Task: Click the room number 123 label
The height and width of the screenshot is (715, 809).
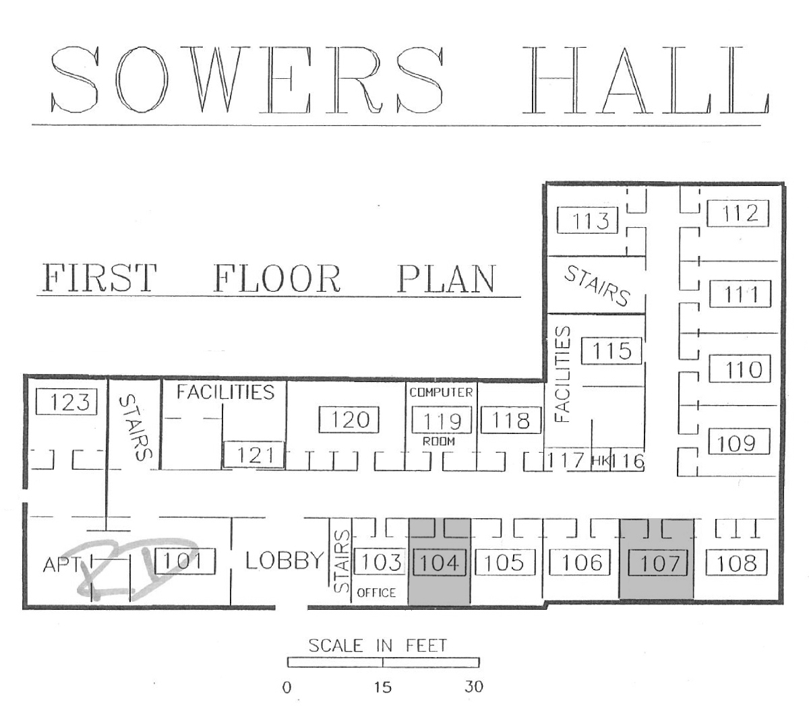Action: pyautogui.click(x=66, y=402)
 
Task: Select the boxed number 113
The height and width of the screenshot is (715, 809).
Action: pyautogui.click(x=587, y=220)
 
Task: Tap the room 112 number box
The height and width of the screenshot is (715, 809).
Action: pyautogui.click(x=738, y=213)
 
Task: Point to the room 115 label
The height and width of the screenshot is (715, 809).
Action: pyautogui.click(x=611, y=350)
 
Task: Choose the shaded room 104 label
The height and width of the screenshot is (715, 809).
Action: pyautogui.click(x=440, y=562)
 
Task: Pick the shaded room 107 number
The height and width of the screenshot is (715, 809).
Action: pyautogui.click(x=659, y=563)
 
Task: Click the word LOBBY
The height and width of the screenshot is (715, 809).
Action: pyautogui.click(x=284, y=561)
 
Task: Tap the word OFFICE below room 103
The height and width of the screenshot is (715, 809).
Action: pyautogui.click(x=376, y=592)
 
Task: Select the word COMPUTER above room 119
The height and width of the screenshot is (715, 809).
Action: pyautogui.click(x=441, y=392)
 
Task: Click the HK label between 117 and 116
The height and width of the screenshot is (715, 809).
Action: pyautogui.click(x=600, y=461)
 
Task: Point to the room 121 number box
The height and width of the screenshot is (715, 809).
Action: pyautogui.click(x=253, y=454)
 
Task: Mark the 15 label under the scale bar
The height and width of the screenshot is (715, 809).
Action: pyautogui.click(x=382, y=687)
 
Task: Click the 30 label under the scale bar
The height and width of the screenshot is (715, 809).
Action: pyautogui.click(x=473, y=687)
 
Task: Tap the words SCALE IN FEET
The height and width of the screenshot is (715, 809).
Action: pyautogui.click(x=378, y=646)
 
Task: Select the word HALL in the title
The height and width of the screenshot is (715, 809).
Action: pyautogui.click(x=645, y=80)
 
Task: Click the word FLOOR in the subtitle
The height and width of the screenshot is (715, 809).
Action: pyautogui.click(x=277, y=278)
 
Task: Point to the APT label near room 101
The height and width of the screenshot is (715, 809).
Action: pyautogui.click(x=61, y=565)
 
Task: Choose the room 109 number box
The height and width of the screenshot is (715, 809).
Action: pyautogui.click(x=739, y=441)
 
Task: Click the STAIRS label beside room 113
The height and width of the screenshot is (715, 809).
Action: pyautogui.click(x=597, y=286)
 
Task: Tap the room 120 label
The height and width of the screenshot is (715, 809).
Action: pyautogui.click(x=349, y=419)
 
